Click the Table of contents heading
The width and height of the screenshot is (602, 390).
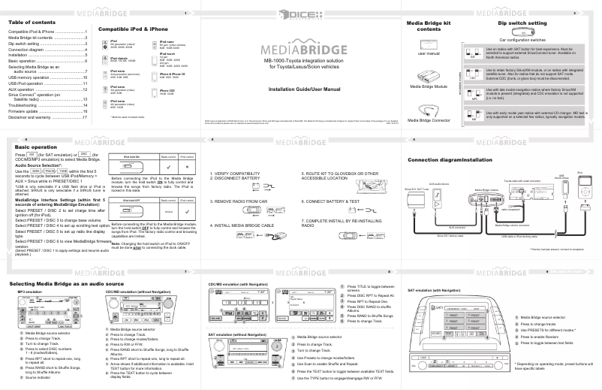pyautogui.click(x=31, y=22)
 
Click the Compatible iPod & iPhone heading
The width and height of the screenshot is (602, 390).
pyautogui.click(x=133, y=28)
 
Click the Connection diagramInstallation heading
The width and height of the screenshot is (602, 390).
pyautogui.click(x=459, y=160)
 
